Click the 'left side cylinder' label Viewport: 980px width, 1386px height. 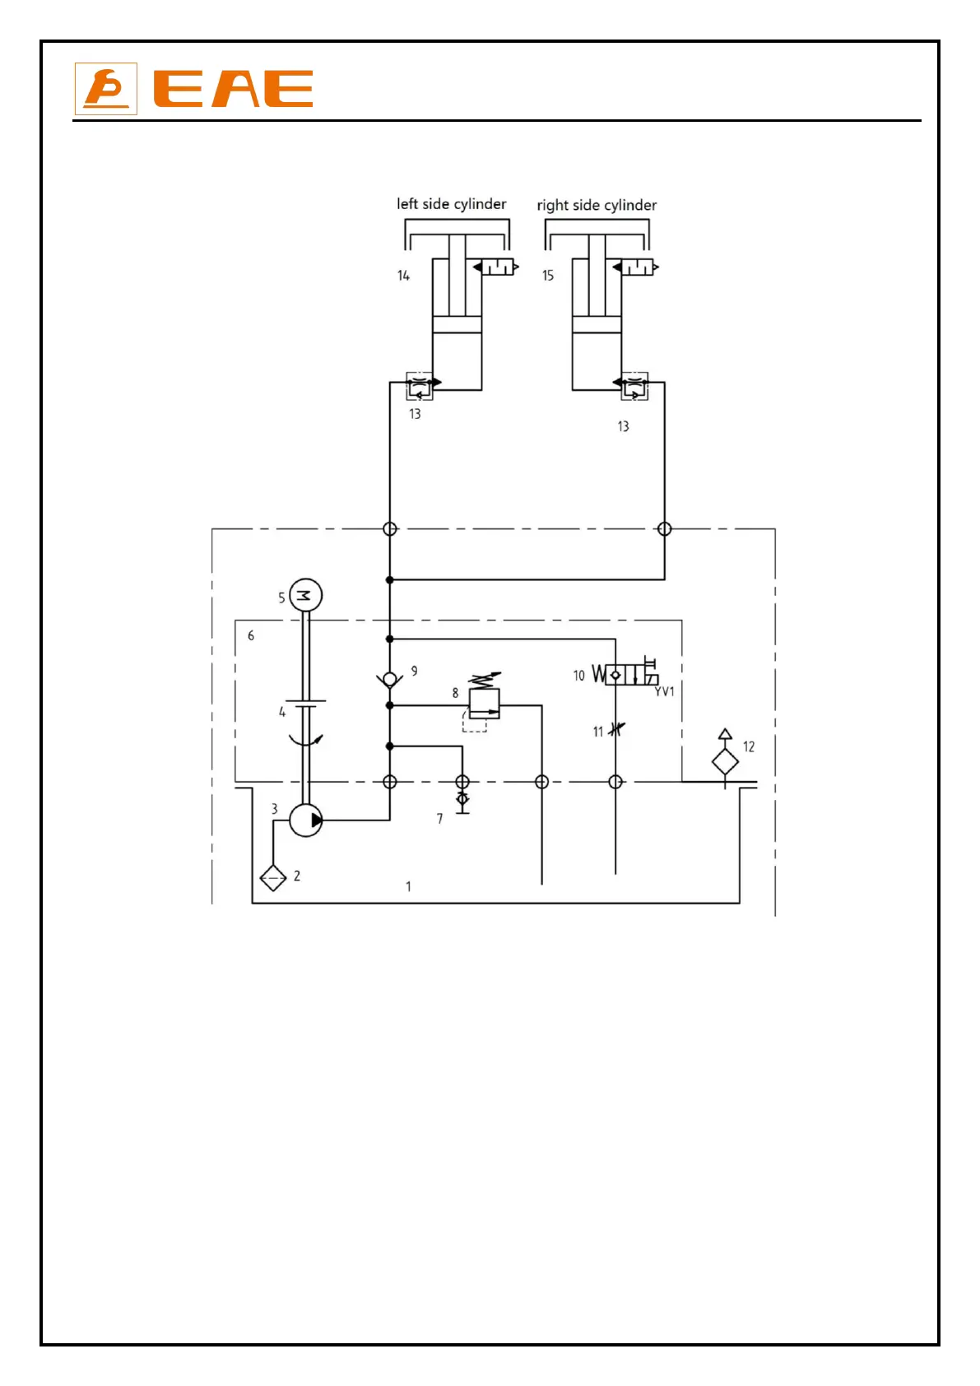451,204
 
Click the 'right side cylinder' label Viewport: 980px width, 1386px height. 597,206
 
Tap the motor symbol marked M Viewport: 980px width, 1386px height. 305,595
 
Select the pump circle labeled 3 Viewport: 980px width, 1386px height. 306,820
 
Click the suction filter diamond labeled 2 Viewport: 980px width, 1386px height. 273,878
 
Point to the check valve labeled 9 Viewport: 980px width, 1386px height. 390,679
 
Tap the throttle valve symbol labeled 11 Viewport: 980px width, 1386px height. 616,729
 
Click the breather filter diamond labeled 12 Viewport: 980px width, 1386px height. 725,762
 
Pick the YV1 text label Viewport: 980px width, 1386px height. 664,691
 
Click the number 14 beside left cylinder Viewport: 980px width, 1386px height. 403,276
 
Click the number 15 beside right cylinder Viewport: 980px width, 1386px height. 548,276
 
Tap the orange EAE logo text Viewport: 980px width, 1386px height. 234,89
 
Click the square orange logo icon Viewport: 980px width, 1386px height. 106,89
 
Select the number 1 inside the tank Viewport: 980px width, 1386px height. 408,886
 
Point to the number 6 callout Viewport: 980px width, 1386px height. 251,635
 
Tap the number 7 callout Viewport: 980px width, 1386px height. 439,819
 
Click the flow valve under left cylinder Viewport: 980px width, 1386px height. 420,385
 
